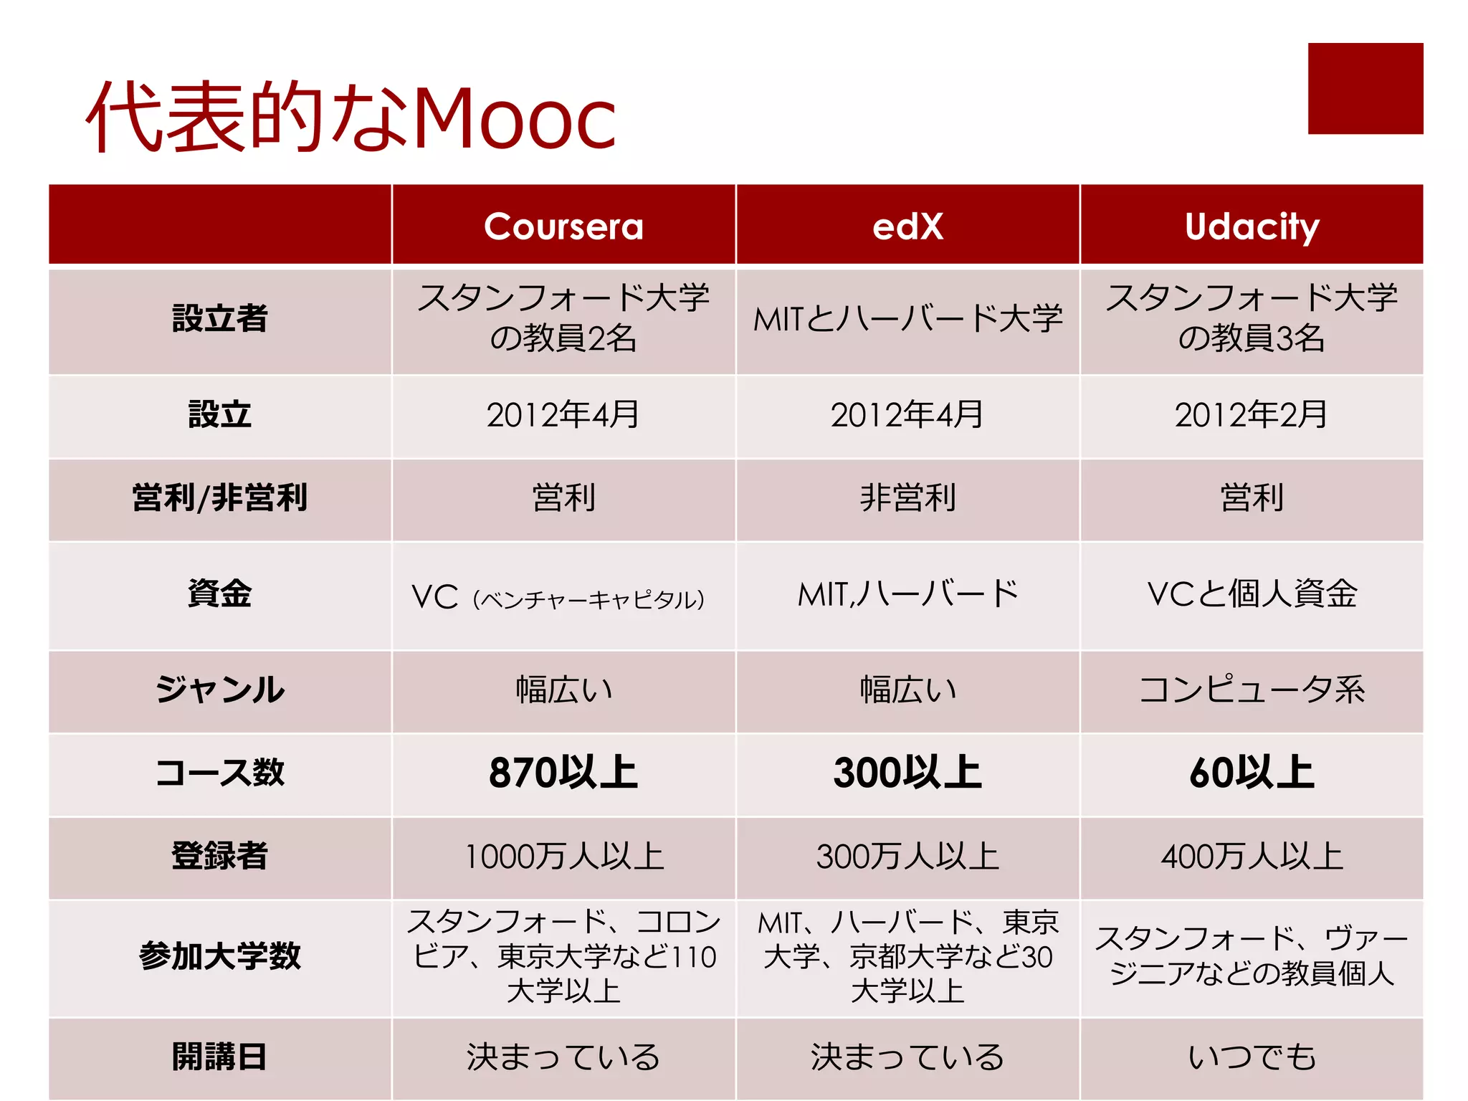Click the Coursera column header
[x=563, y=227]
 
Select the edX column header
[x=907, y=227]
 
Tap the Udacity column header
[x=1252, y=227]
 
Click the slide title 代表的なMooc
[x=351, y=118]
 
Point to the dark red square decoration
[x=1365, y=88]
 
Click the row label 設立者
[x=220, y=318]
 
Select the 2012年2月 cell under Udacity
[x=1252, y=415]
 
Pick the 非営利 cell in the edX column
[x=907, y=497]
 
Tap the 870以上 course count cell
[x=563, y=773]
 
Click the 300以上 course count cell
[x=907, y=773]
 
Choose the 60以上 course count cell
[x=1252, y=773]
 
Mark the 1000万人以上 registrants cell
[x=563, y=857]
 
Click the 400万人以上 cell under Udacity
[x=1252, y=857]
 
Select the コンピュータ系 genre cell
[x=1252, y=690]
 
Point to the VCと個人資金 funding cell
[x=1252, y=594]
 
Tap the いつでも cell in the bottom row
[x=1252, y=1057]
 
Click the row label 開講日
[x=220, y=1057]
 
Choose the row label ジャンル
[x=220, y=690]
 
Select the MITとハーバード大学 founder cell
[x=907, y=318]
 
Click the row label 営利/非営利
[x=220, y=497]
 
